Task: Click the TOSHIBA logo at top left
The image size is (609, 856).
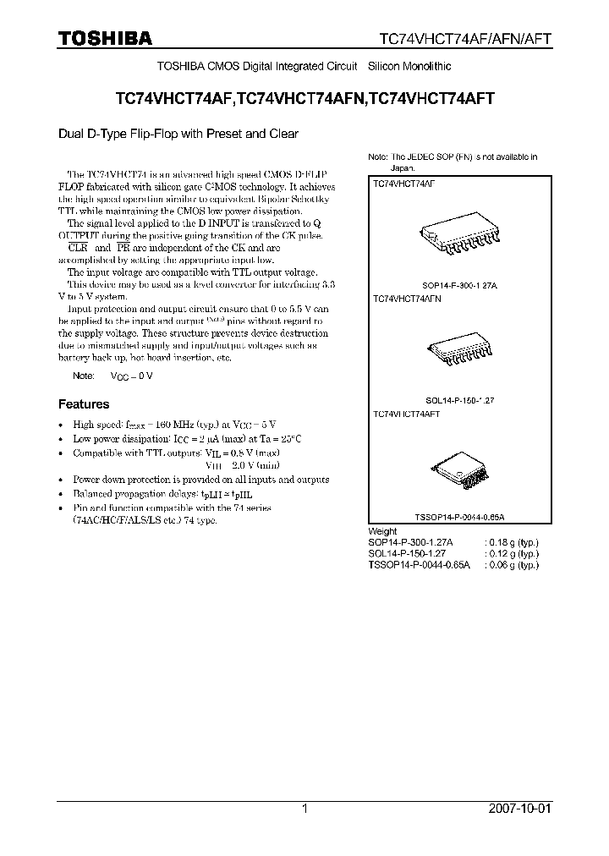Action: (x=106, y=38)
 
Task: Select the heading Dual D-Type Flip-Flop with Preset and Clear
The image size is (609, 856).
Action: (x=178, y=134)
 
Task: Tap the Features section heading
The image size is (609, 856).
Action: (x=83, y=404)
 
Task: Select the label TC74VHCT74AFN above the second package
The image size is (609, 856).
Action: (x=407, y=299)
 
